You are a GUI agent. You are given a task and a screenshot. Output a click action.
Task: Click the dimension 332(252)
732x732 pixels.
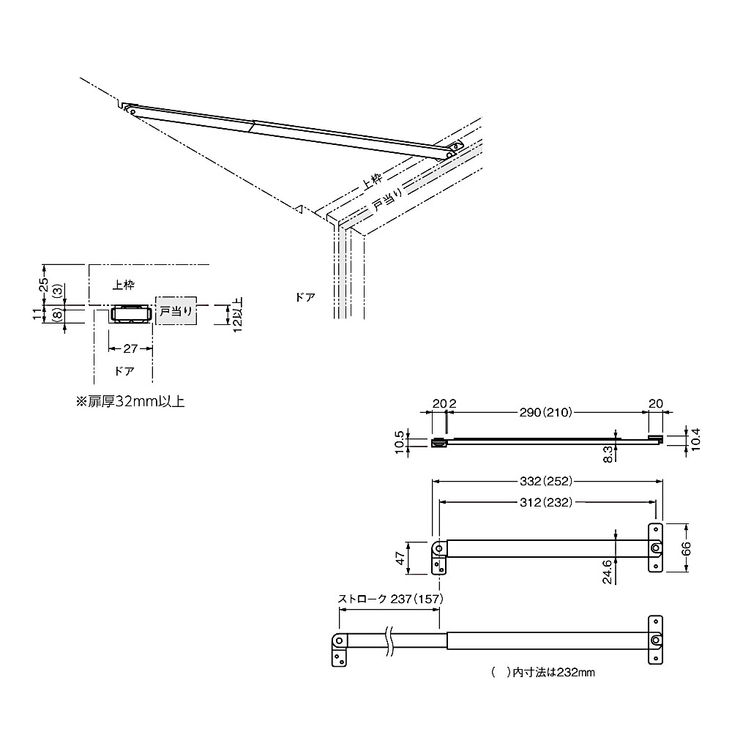coord(546,481)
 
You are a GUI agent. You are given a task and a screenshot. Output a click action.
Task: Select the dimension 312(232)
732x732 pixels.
coord(546,502)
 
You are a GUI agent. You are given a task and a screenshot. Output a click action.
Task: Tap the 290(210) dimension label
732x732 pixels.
coord(546,412)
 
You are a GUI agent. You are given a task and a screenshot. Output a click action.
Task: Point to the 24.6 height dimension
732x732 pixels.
coord(607,572)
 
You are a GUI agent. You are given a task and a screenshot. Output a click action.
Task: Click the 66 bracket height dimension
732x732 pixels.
coord(687,548)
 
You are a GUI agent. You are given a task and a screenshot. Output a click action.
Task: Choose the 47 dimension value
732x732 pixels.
coord(400,558)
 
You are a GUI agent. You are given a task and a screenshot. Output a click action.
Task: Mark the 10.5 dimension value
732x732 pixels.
coord(399,441)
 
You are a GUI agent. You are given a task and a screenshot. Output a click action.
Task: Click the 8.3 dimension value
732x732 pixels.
coord(608,454)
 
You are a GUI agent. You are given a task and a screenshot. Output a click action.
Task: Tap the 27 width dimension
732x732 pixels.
coord(130,348)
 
